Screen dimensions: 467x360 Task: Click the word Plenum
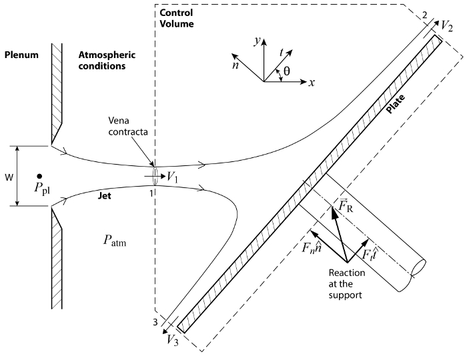pyautogui.click(x=21, y=55)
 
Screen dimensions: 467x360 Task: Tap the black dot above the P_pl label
pyautogui.click(x=39, y=176)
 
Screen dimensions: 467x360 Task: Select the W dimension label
pyautogui.click(x=9, y=177)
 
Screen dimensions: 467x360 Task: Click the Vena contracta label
pyautogui.click(x=128, y=126)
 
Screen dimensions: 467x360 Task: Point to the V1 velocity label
pyautogui.click(x=172, y=177)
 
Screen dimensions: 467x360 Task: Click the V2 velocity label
pyautogui.click(x=447, y=26)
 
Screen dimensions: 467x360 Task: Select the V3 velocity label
pyautogui.click(x=172, y=340)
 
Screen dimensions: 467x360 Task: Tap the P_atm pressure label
pyautogui.click(x=115, y=241)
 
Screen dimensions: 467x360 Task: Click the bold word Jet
pyautogui.click(x=105, y=195)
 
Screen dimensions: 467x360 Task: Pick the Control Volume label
pyautogui.click(x=177, y=18)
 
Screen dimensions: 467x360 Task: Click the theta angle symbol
pyautogui.click(x=286, y=71)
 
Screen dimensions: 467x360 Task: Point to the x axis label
pyautogui.click(x=312, y=83)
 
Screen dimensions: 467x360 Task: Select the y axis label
pyautogui.click(x=257, y=41)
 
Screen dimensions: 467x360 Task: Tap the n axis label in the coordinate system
pyautogui.click(x=236, y=65)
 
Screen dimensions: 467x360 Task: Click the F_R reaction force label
pyautogui.click(x=346, y=205)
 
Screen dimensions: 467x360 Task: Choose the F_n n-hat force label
pyautogui.click(x=312, y=247)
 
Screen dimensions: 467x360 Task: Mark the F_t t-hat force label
pyautogui.click(x=370, y=253)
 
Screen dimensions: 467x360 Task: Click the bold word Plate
pyautogui.click(x=396, y=104)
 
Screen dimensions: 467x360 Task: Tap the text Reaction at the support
pyautogui.click(x=347, y=284)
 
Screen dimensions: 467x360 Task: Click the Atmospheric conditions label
pyautogui.click(x=107, y=60)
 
